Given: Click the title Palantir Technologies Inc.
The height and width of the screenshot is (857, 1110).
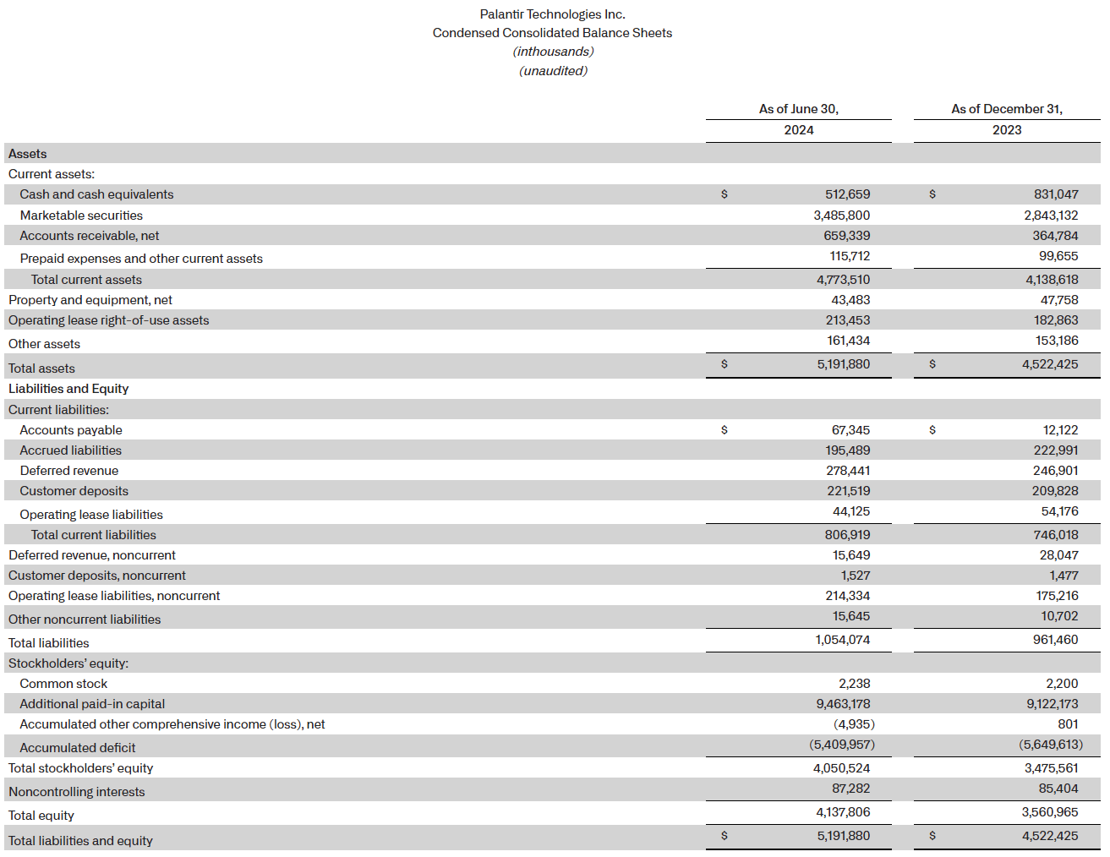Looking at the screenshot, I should pos(552,14).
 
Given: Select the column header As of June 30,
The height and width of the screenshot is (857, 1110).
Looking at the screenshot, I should pos(798,109).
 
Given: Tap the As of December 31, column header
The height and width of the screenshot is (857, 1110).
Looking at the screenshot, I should pos(1006,109).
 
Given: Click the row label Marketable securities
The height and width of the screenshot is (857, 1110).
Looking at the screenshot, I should pos(81,216).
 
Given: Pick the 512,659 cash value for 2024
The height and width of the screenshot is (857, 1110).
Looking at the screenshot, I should pos(847,194).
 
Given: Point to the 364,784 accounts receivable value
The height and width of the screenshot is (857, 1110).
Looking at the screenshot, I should pos(1055,236).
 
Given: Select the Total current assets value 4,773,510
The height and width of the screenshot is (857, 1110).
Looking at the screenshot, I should pos(843,280).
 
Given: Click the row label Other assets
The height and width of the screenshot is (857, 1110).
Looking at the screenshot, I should pos(44,344).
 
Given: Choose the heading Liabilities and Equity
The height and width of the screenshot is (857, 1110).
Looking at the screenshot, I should pos(68,389).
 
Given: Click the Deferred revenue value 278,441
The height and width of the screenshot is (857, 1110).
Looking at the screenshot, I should pos(848,471).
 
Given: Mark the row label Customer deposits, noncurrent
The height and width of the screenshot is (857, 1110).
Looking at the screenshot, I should pos(97,576).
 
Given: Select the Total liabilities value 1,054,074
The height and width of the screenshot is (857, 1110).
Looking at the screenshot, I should pos(842,640).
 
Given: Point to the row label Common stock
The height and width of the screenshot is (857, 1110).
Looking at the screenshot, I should pos(63,684).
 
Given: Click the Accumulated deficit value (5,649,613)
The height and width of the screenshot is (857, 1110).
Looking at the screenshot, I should pos(1050,745).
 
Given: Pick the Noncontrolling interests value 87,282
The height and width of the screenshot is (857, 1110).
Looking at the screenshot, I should pos(850,789).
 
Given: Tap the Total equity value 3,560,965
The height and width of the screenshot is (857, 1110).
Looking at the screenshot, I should pos(1050,812).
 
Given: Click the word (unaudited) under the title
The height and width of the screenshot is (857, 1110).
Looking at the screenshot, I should pos(553,71).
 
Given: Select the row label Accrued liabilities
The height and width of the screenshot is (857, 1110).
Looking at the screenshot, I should pos(70,450).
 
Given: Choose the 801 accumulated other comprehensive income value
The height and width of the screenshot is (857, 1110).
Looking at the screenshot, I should pos(1068,724).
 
